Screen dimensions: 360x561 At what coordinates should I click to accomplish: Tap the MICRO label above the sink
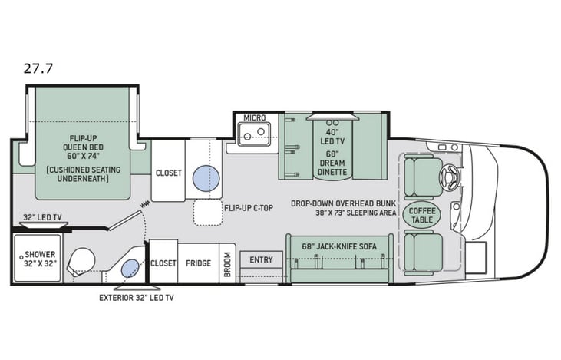point(254,117)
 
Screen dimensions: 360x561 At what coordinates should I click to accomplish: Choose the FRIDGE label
point(198,263)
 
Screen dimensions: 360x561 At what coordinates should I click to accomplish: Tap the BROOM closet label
point(228,263)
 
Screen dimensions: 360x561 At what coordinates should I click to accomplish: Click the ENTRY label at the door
point(261,260)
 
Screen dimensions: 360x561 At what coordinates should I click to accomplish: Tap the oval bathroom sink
point(130,268)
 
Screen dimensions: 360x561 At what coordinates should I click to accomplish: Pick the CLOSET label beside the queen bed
point(168,173)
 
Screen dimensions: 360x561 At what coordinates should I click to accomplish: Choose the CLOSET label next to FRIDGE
point(163,263)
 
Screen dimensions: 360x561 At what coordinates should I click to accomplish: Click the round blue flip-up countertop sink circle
point(205,178)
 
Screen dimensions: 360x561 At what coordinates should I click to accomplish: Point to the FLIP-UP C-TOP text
point(247,208)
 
